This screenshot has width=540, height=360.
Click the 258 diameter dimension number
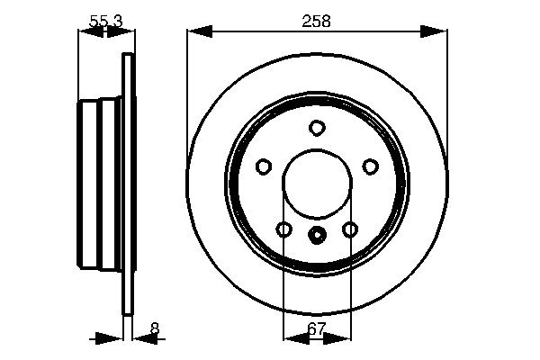[317, 21]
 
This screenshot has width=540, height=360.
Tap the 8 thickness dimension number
[155, 328]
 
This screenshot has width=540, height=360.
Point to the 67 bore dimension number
[316, 329]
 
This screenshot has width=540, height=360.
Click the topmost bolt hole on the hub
[317, 128]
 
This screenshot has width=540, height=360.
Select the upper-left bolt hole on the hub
[264, 166]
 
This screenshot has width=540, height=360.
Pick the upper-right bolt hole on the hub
[370, 166]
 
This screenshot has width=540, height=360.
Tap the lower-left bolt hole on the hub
[283, 230]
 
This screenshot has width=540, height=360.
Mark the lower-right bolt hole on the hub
[350, 230]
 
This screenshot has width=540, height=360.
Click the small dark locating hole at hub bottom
[317, 237]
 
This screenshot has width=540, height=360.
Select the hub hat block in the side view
[100, 184]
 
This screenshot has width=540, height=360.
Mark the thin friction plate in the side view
[128, 184]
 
